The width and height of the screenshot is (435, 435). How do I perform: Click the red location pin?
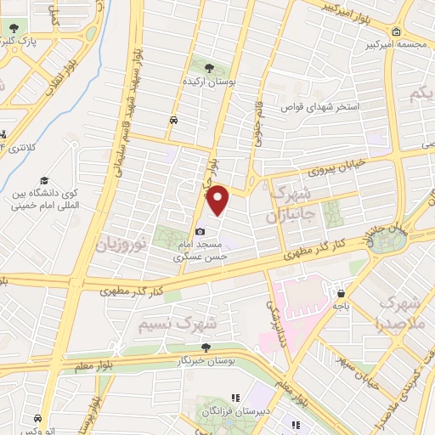pyautogui.click(x=218, y=200)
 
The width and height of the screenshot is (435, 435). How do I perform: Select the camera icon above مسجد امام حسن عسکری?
pyautogui.click(x=200, y=232)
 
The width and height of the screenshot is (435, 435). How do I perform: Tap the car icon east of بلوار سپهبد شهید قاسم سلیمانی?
pyautogui.click(x=173, y=121)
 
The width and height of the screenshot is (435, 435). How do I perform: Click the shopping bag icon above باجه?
pyautogui.click(x=341, y=291)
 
